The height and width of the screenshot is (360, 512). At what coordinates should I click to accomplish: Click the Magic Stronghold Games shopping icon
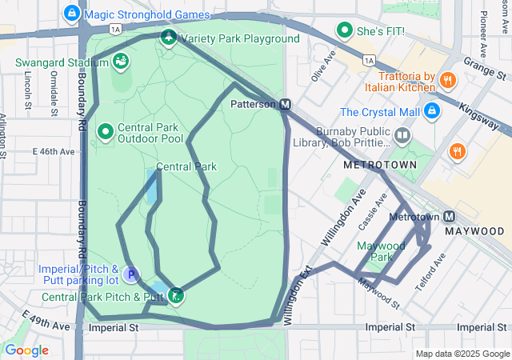coord(73,14)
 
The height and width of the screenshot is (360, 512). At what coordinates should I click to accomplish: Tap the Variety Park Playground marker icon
coord(168,38)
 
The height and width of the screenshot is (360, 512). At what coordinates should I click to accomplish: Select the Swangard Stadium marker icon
coord(120,62)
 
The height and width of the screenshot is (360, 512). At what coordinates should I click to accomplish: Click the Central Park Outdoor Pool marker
coord(105,130)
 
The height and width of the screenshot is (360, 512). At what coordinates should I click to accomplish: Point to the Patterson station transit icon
coord(285,104)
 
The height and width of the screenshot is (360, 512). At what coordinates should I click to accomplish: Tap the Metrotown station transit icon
coord(449,217)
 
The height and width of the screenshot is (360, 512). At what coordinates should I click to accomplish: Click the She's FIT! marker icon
coord(345,31)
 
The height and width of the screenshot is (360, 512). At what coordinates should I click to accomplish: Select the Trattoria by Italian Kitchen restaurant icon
coord(447,81)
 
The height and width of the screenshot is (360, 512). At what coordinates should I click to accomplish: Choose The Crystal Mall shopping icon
coord(431,111)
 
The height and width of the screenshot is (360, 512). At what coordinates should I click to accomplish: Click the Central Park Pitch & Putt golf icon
coord(176,297)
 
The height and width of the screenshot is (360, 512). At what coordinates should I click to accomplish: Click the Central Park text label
coord(186,166)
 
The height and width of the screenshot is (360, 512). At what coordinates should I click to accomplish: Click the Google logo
coord(26,350)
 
